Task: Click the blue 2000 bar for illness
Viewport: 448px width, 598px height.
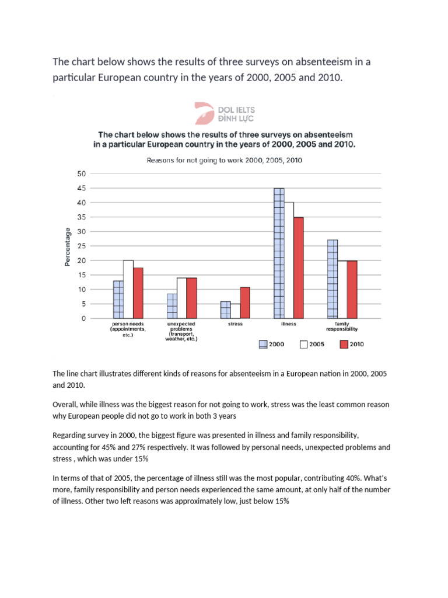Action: [x=279, y=253]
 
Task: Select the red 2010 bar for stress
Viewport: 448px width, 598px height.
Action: [x=244, y=303]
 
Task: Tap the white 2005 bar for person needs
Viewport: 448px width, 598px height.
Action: [x=128, y=289]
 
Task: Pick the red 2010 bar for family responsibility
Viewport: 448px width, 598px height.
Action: [x=352, y=290]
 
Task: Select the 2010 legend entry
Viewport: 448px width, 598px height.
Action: [x=351, y=345]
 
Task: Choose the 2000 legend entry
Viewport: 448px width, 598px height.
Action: [x=272, y=345]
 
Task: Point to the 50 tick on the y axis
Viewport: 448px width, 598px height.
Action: [x=81, y=174]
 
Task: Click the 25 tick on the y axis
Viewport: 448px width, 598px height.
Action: [x=81, y=246]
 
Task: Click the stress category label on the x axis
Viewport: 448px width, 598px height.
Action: [x=235, y=323]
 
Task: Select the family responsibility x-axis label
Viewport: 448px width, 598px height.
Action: [x=342, y=325]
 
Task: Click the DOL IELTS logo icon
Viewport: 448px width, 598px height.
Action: [x=205, y=113]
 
